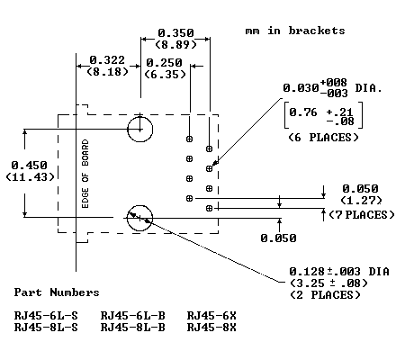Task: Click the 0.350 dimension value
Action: click(x=175, y=32)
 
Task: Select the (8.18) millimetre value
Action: click(x=107, y=72)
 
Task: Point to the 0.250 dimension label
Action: click(x=164, y=63)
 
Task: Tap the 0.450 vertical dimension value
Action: click(x=29, y=166)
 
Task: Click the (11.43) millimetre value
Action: click(x=31, y=177)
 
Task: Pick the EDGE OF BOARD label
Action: click(x=85, y=174)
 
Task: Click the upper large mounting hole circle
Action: click(x=140, y=117)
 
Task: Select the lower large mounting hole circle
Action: click(x=139, y=205)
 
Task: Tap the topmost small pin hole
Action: click(x=189, y=139)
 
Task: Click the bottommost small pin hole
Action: click(x=209, y=208)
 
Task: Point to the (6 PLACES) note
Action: click(x=323, y=138)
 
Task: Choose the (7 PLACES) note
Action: click(x=362, y=215)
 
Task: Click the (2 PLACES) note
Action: click(x=325, y=295)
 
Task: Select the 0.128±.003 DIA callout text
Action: click(x=339, y=272)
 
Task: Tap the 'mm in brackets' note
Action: click(x=295, y=31)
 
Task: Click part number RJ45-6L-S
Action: click(x=46, y=316)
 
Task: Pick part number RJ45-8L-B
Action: click(x=132, y=328)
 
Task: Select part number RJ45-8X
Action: click(x=211, y=328)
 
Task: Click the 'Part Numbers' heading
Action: click(x=57, y=292)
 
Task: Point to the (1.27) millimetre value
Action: click(x=361, y=201)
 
